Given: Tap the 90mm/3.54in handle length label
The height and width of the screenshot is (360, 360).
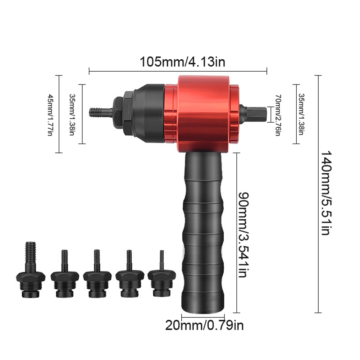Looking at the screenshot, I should coord(245,234).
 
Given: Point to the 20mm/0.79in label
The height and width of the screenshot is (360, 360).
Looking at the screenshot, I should coord(204,325).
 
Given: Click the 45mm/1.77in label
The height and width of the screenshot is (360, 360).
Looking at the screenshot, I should coord(50,114).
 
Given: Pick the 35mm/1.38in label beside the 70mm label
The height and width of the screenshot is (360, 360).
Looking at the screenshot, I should coord(301,114).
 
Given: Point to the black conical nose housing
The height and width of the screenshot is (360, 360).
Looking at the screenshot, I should coord(147,111).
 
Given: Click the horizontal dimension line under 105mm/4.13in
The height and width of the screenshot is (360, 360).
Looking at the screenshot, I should coord(178,71).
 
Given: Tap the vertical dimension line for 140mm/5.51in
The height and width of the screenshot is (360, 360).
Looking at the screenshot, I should coord(318,194).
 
